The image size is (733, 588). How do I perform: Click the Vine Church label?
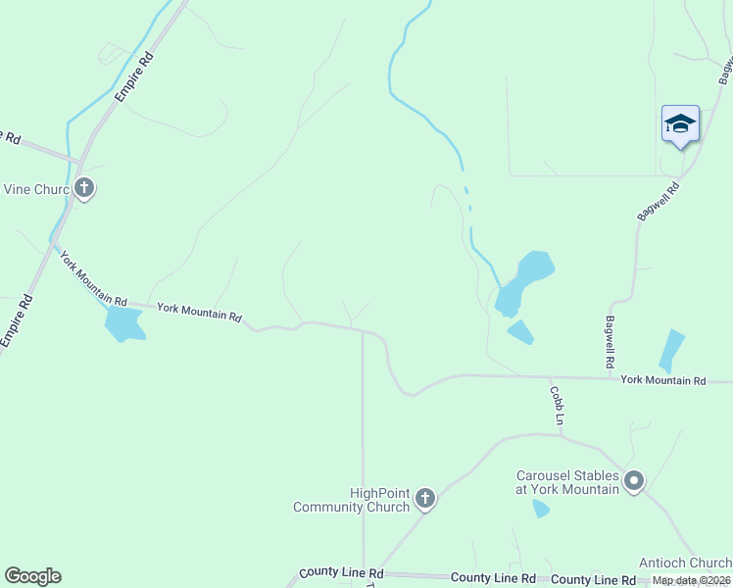tap(35, 189)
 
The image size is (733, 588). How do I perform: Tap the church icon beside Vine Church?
tap(84, 187)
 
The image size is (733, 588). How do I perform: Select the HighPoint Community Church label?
tap(351, 500)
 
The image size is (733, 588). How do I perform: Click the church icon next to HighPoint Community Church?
tap(425, 499)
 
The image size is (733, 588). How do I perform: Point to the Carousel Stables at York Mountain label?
tap(568, 482)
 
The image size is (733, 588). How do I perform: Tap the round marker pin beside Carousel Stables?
tap(634, 480)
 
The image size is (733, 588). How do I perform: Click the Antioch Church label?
tap(685, 563)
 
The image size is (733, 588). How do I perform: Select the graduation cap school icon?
tap(680, 124)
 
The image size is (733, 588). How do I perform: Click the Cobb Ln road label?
tap(557, 405)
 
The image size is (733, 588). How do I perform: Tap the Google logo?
tap(32, 576)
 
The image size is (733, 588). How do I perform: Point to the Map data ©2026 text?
tap(692, 581)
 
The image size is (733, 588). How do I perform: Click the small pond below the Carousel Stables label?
tap(540, 509)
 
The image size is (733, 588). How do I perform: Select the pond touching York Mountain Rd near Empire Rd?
tap(123, 322)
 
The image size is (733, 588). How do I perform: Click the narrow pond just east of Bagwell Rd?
tap(671, 350)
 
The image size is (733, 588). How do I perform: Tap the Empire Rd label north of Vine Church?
tap(134, 76)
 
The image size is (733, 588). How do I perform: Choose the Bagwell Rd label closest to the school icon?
tap(660, 202)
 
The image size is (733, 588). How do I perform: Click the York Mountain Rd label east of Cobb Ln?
tap(662, 379)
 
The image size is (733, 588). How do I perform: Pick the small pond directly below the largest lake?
tap(520, 332)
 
